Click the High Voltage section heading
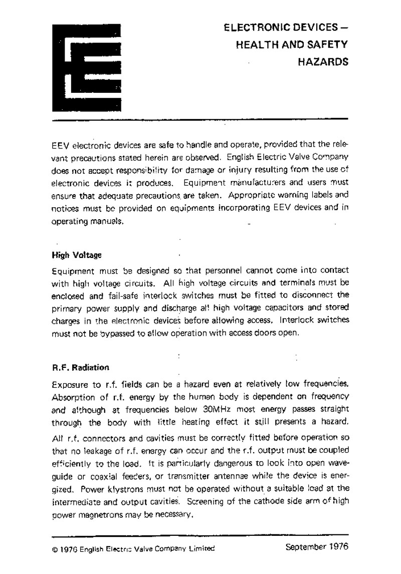(x=77, y=255)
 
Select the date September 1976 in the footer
(x=316, y=546)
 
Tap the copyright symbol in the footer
(x=55, y=549)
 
